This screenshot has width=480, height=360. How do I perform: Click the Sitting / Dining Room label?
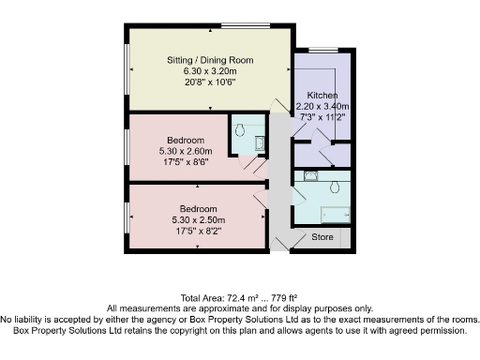(207, 60)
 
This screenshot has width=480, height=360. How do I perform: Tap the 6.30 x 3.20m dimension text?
(207, 71)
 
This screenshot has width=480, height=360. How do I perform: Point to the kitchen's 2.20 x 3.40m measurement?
(322, 107)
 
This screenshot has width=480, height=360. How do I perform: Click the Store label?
(322, 237)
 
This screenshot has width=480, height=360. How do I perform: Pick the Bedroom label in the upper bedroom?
(179, 141)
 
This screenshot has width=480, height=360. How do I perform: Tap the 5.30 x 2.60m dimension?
(179, 151)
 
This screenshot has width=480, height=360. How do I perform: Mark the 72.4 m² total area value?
(240, 296)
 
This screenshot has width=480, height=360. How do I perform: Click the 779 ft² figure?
(284, 296)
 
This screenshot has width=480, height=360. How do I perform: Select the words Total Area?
(198, 296)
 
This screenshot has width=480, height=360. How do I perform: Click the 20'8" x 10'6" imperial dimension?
(207, 82)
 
